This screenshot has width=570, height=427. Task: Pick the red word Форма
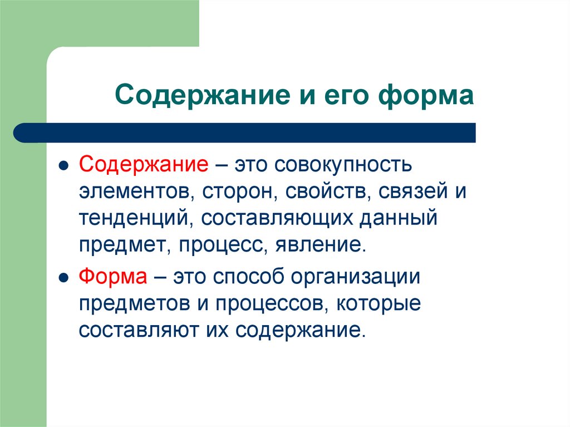pos(113,277)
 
